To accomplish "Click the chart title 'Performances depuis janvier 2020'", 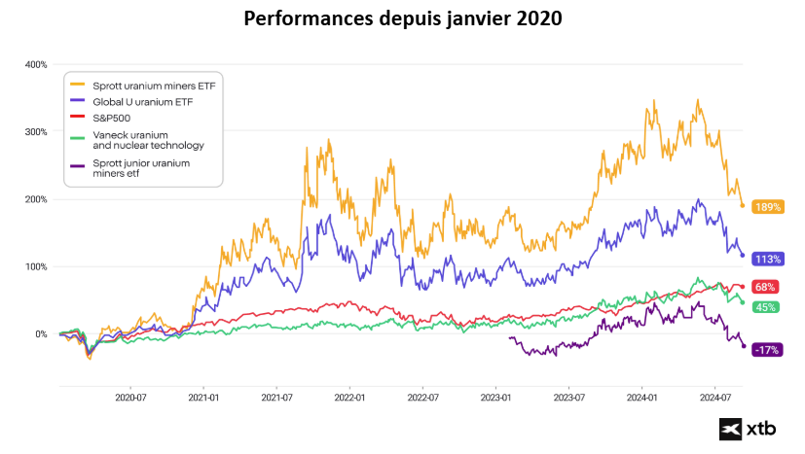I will [402, 18].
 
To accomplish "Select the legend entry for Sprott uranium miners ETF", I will [152, 86].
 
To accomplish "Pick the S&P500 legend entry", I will [114, 117].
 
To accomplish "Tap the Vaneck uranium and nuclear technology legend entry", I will [148, 139].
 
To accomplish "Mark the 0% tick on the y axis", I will [40, 333].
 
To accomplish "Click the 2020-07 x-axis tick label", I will [130, 397].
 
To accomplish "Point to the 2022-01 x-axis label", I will [349, 397].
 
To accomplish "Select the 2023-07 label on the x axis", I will [568, 397].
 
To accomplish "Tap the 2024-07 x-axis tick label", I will [715, 397].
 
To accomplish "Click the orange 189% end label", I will [768, 207].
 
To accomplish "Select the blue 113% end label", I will [768, 259].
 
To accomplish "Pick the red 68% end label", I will [765, 288].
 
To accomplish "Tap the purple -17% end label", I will [768, 349].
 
